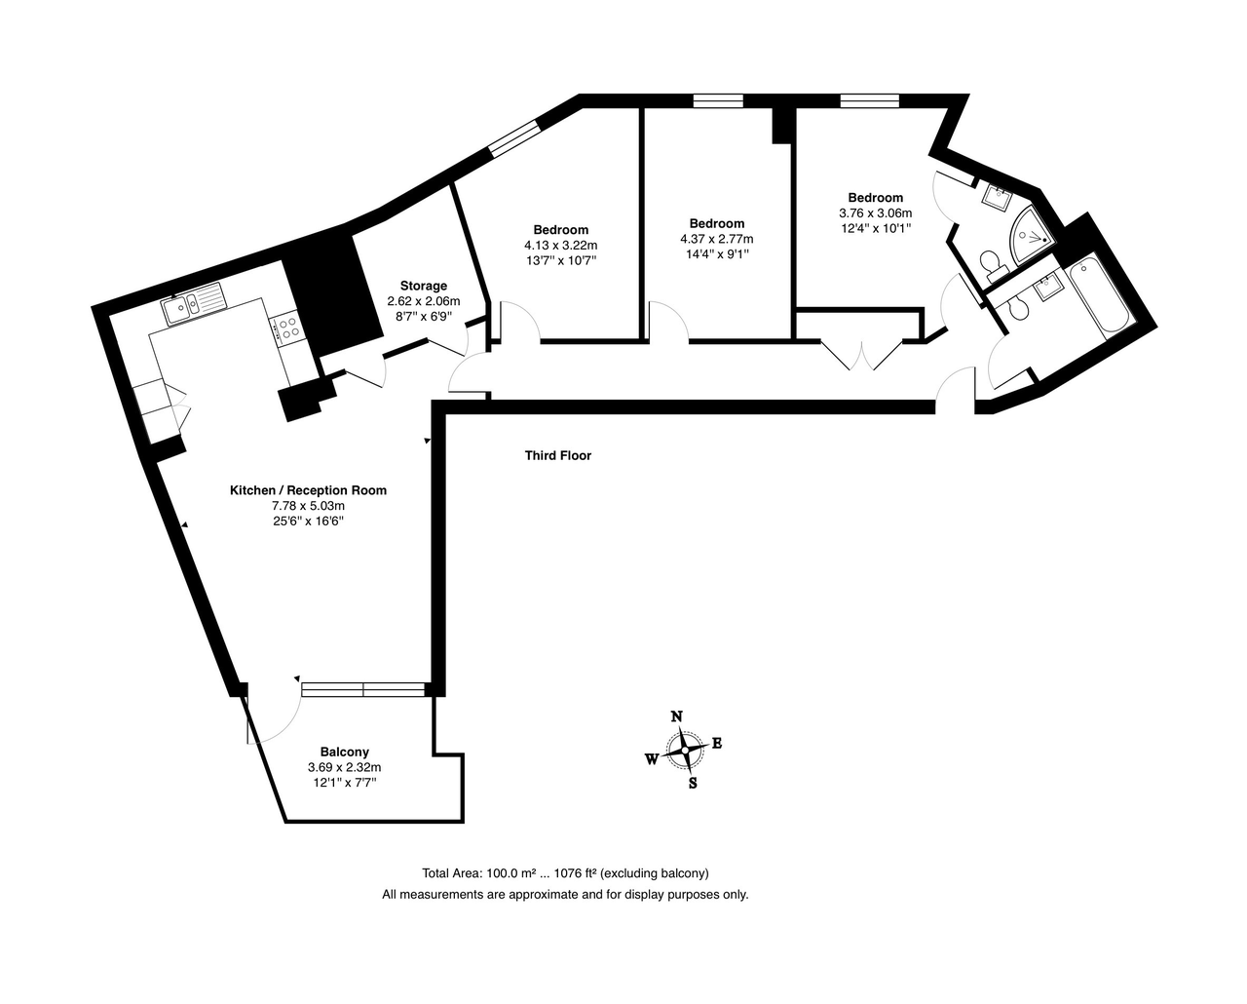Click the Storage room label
coord(423,286)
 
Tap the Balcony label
coord(345,753)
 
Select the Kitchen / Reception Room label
coord(308,490)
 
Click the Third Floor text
coord(558,456)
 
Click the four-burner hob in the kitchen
coord(286,328)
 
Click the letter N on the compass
coord(676,716)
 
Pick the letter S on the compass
coord(693,784)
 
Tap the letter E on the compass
coord(717,743)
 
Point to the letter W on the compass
coord(652,759)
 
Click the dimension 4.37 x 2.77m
coord(717,239)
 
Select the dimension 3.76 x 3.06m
coord(876,212)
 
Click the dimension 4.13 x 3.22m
coord(561,246)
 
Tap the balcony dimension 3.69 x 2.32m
coord(345,767)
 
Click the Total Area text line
coord(565,873)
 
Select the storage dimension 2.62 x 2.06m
coord(424,301)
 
